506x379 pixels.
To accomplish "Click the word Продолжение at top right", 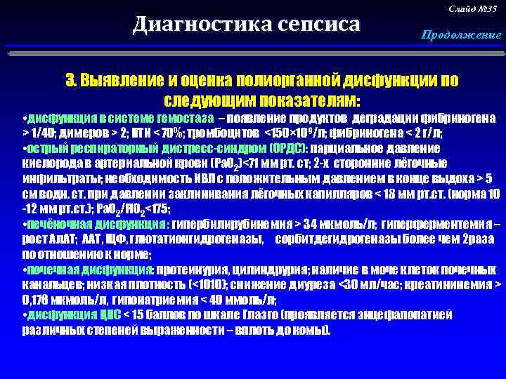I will (x=461, y=35).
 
